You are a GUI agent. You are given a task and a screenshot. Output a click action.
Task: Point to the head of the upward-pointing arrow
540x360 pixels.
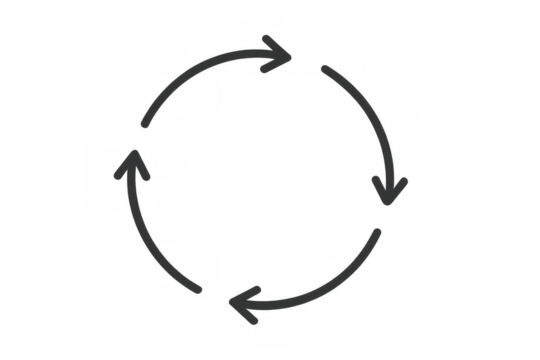tap(130, 165)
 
